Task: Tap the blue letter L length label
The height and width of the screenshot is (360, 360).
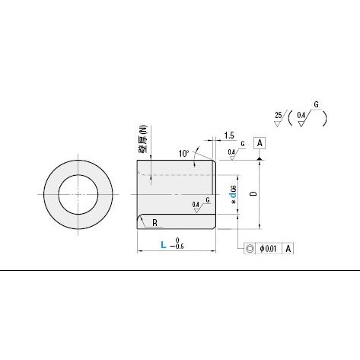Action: coord(164,244)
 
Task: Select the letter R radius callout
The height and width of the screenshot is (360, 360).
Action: coord(155,223)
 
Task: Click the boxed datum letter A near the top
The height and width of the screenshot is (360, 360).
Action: coord(260,143)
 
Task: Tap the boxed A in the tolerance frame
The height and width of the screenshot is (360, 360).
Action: coord(289,248)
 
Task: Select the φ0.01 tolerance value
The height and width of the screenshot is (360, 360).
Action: coord(270,248)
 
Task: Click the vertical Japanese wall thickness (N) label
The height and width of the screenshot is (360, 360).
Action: coord(142,140)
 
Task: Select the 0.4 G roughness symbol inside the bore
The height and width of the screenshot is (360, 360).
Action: coord(199,204)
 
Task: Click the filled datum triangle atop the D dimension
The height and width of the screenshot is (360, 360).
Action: coord(260,158)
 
